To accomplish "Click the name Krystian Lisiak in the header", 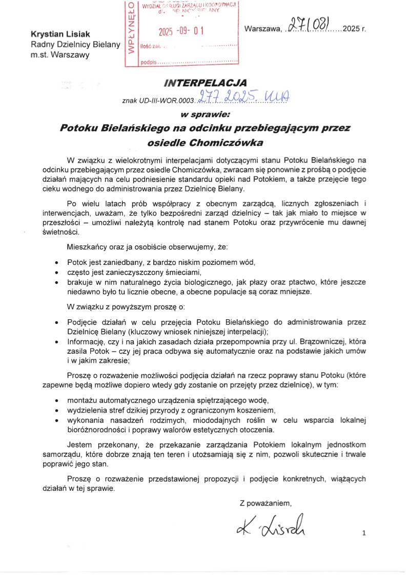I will [60, 34].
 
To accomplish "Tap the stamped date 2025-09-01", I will [181, 31].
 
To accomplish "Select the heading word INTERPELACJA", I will [205, 82].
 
